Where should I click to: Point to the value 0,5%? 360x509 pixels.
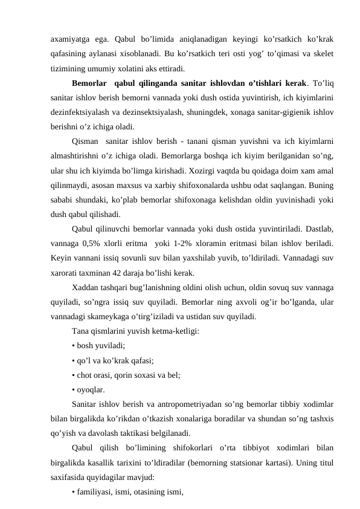pos(95,243)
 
